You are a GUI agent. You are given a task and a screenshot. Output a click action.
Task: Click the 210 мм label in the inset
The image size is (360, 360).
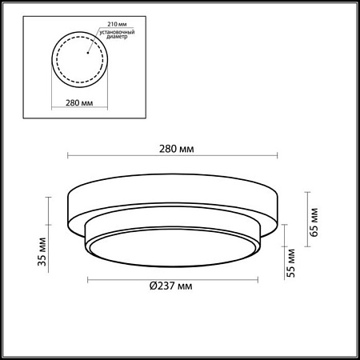[x=117, y=24]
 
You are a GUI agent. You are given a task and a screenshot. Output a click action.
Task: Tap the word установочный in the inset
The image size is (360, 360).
[x=117, y=32]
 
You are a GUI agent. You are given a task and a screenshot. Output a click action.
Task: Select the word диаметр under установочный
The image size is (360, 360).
[x=117, y=37]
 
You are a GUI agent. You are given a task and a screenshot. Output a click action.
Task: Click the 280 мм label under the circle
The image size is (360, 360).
[x=79, y=102]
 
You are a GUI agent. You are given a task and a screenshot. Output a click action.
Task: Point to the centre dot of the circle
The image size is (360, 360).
[x=87, y=53]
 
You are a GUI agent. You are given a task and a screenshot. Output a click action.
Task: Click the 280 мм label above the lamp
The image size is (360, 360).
[x=177, y=149]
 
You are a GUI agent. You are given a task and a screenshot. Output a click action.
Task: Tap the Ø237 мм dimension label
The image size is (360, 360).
[x=171, y=286]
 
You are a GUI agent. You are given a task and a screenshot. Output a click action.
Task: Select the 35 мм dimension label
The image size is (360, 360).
[x=42, y=251]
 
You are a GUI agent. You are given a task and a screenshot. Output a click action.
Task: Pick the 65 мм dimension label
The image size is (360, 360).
[x=314, y=222]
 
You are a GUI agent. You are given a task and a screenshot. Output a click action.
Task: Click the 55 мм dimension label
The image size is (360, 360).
[x=291, y=263]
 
